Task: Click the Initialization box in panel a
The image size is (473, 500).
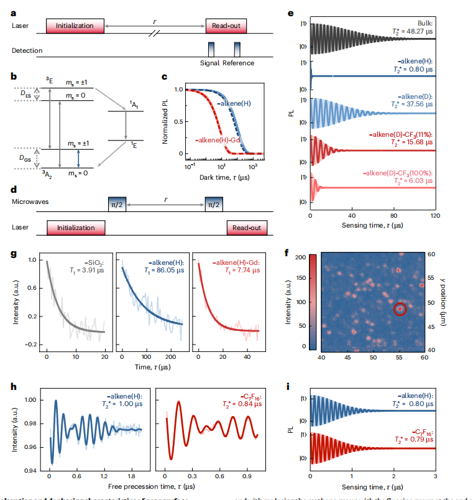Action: coord(75,25)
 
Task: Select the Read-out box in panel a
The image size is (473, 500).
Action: coord(227,25)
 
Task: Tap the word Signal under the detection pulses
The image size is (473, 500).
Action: coord(211,63)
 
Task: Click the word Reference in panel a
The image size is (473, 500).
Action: coord(239,63)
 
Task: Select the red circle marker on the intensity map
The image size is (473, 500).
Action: coord(400,308)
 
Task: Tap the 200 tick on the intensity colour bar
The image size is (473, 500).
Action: coord(300,256)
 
